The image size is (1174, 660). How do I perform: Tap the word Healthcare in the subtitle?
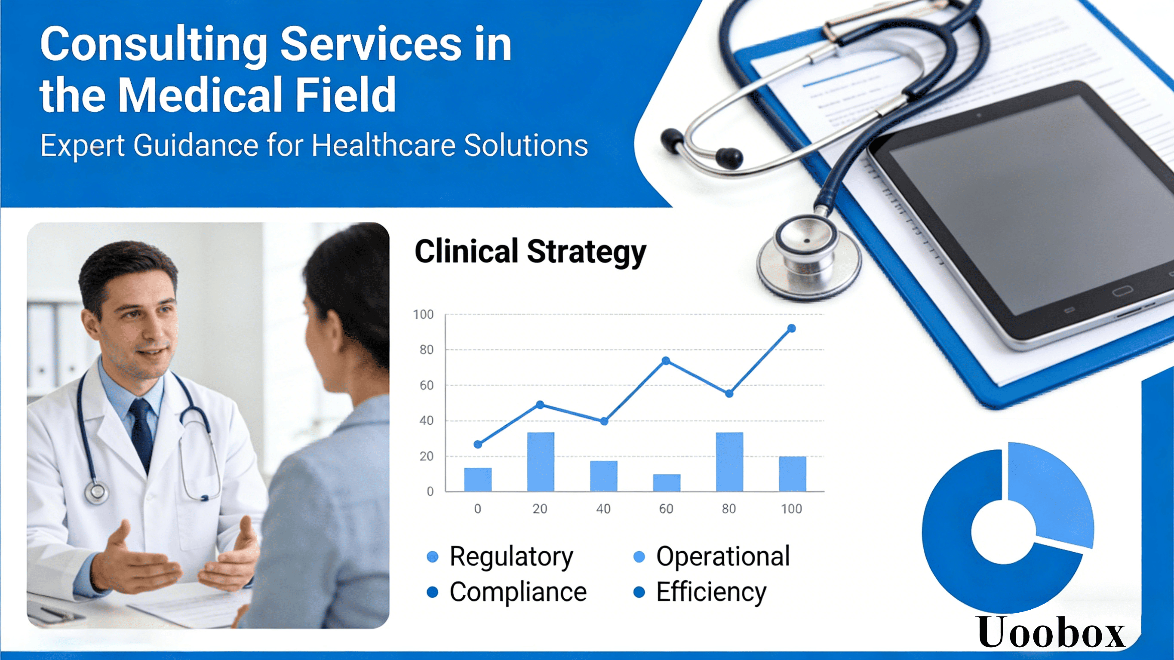383,145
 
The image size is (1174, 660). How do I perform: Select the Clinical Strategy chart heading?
531,252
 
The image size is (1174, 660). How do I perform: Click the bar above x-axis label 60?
666,483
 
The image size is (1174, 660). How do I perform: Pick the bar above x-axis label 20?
541,462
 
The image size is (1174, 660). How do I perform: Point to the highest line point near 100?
792,328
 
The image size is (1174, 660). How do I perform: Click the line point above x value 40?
604,421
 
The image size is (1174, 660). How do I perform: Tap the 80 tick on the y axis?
427,350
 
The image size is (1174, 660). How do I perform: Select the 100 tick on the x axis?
792,509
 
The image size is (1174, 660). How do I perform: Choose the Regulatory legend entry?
500,556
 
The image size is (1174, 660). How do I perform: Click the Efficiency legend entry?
700,592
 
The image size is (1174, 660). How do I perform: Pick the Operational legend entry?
712,556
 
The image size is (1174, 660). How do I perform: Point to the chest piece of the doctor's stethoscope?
97,492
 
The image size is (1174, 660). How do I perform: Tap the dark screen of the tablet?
1030,205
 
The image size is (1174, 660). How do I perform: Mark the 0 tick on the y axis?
430,492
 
